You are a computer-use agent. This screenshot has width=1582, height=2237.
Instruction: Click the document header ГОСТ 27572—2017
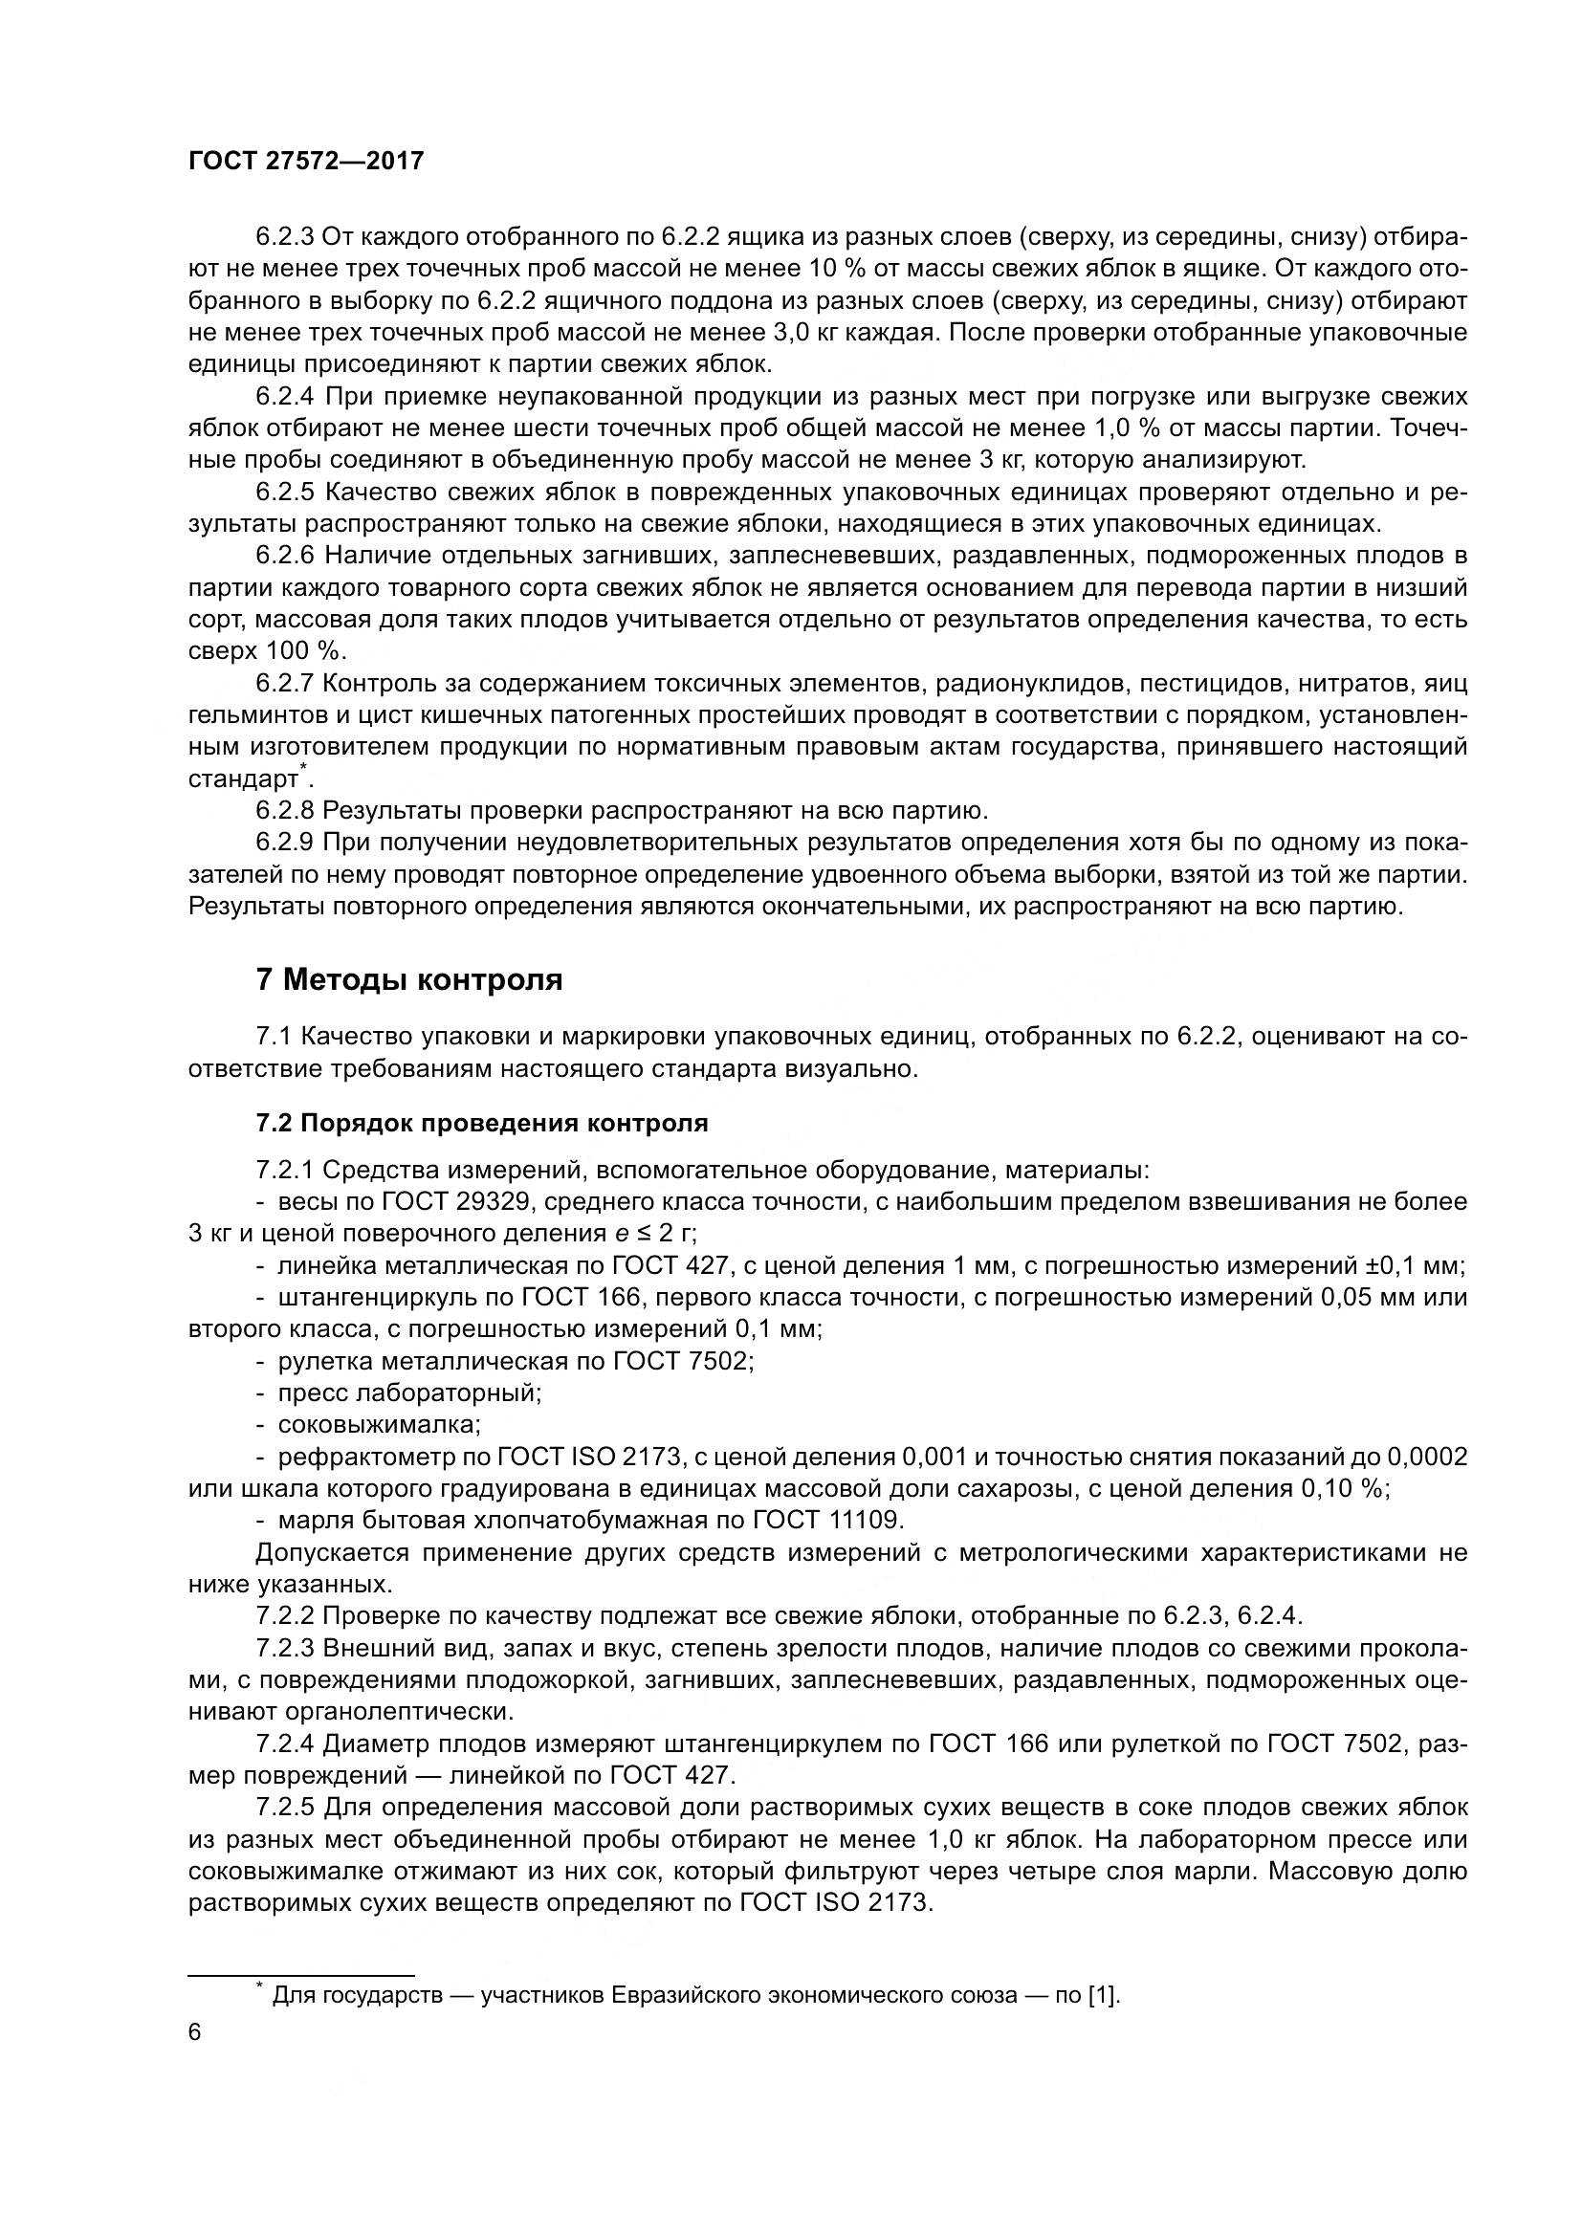tap(306, 161)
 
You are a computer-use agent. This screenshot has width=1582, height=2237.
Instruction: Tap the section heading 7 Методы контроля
tap(409, 979)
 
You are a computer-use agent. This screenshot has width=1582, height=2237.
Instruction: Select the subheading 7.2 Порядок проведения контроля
tap(481, 1123)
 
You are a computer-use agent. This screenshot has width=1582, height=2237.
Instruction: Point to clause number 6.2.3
tap(284, 237)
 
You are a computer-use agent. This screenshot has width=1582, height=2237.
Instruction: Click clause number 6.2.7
tap(284, 684)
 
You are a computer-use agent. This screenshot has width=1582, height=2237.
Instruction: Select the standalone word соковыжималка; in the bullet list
tap(379, 1424)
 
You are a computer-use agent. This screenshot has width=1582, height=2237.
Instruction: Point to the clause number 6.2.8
tap(284, 811)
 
